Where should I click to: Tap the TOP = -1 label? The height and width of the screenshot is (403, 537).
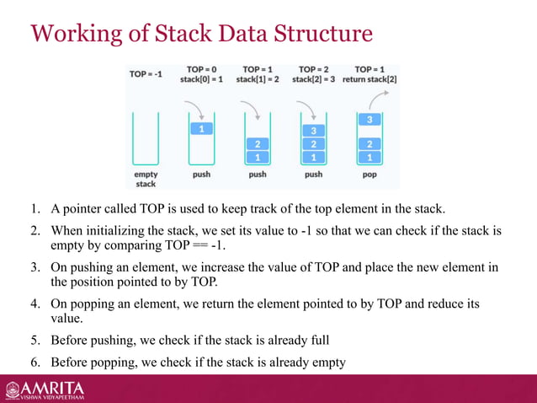[146, 73]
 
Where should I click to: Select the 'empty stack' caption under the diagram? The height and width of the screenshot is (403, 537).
[146, 178]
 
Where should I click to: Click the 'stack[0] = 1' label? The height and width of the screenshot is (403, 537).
[201, 80]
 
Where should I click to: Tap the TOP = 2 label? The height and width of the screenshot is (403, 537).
[313, 69]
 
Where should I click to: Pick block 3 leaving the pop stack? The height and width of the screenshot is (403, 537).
[369, 120]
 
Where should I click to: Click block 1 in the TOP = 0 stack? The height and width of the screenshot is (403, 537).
[201, 129]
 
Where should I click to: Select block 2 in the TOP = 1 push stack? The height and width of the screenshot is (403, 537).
[258, 143]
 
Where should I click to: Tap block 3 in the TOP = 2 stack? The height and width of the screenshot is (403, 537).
[313, 131]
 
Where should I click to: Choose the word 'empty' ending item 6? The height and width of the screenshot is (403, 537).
[327, 363]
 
